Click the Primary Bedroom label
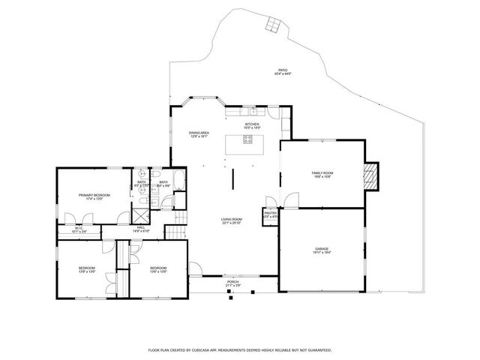95,195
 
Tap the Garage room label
322,248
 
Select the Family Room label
322,173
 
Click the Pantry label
271,213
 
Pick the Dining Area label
199,132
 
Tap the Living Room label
232,219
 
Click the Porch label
232,282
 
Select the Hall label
141,227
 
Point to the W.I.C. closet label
79,228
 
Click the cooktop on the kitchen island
247,139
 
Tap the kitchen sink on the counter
253,112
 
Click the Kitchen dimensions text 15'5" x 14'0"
252,128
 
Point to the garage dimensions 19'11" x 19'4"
322,252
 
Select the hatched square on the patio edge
274,25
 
